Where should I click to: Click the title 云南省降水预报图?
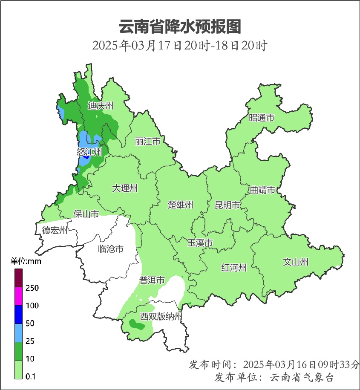(x=180, y=27)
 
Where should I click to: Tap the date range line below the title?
(x=179, y=46)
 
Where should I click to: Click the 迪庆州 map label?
(x=101, y=106)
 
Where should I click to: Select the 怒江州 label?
(x=89, y=152)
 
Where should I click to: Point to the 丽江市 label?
(x=147, y=141)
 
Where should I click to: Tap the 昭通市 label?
(x=262, y=118)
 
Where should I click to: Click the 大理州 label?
(x=125, y=188)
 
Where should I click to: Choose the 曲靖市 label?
(x=262, y=190)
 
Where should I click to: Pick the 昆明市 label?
(x=228, y=205)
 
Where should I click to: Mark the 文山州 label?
(x=296, y=262)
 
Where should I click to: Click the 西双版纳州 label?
(x=161, y=317)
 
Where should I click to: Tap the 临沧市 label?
(x=111, y=248)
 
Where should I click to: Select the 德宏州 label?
(x=55, y=231)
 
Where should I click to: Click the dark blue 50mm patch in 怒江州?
(x=86, y=156)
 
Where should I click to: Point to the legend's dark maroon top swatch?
(x=19, y=277)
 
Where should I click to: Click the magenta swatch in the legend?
(x=19, y=296)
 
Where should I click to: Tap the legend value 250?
(x=32, y=288)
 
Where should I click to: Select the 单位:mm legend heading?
(x=26, y=261)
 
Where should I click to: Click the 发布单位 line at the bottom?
(x=274, y=378)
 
